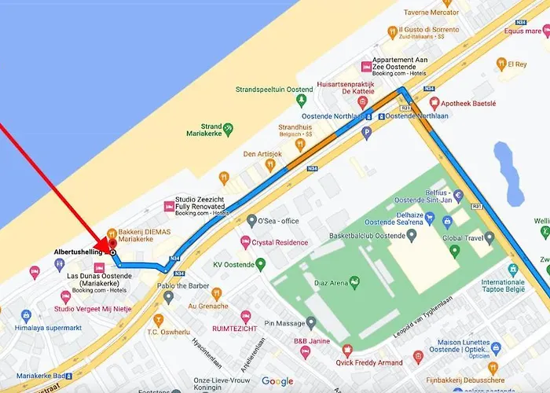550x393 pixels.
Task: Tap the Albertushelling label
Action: click(79, 252)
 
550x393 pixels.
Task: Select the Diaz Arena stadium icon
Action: click(354, 281)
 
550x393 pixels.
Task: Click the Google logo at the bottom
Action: click(277, 381)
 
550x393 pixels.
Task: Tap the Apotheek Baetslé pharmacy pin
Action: click(434, 103)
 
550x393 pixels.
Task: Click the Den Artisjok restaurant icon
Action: click(224, 177)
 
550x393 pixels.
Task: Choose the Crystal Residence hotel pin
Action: click(245, 242)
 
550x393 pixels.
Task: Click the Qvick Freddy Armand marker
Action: click(346, 351)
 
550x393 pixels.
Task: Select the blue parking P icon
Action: click(365, 133)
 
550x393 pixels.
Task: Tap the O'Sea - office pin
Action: click(251, 220)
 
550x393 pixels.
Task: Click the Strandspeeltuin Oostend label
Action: click(274, 90)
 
